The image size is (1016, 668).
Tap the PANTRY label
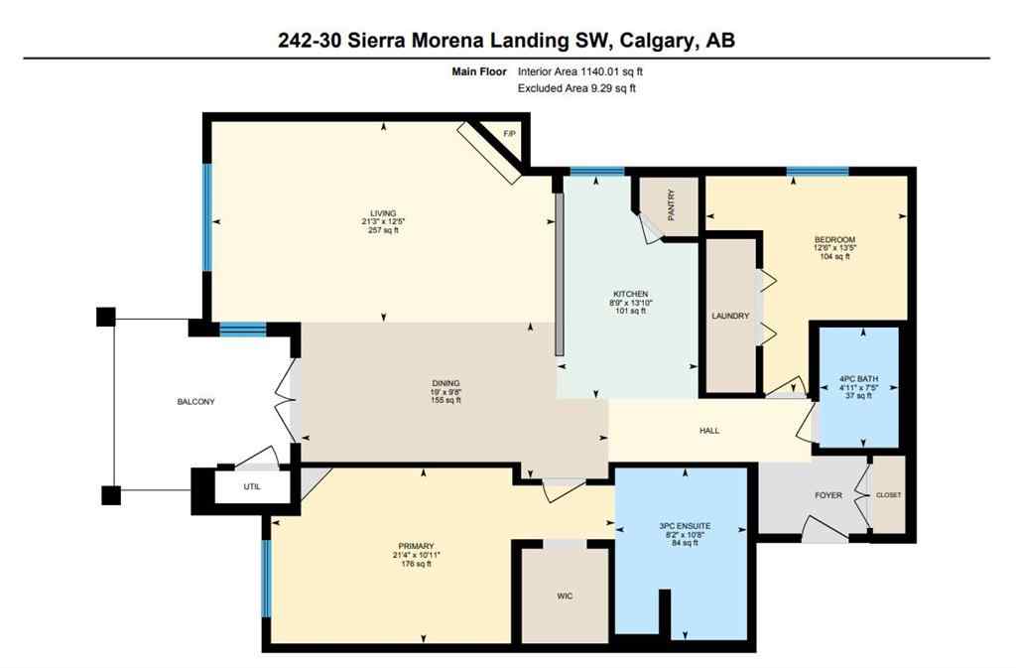click(672, 205)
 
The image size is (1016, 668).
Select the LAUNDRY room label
click(729, 317)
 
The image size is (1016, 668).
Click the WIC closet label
click(565, 596)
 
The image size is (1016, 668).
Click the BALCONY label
click(195, 402)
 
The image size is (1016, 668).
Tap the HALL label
click(709, 431)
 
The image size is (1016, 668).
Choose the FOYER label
click(828, 495)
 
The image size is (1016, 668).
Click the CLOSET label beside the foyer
click(889, 495)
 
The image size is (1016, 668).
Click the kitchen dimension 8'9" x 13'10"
click(630, 303)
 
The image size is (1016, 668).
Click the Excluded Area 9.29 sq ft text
click(576, 88)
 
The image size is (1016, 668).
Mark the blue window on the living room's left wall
click(208, 216)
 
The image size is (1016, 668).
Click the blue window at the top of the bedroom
click(818, 171)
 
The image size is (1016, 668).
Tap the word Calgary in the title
click(656, 41)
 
